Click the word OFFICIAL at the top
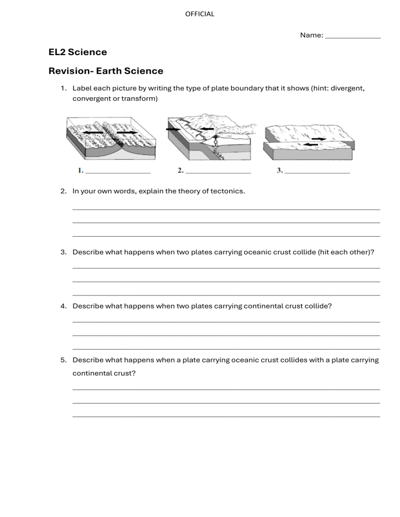199,14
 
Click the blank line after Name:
353,37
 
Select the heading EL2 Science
78,52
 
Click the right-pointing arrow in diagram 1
128,133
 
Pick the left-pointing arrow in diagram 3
310,145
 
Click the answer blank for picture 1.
118,172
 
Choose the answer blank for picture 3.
317,172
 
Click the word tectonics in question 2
227,191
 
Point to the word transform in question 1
140,98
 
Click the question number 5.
63,360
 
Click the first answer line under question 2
226,209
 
